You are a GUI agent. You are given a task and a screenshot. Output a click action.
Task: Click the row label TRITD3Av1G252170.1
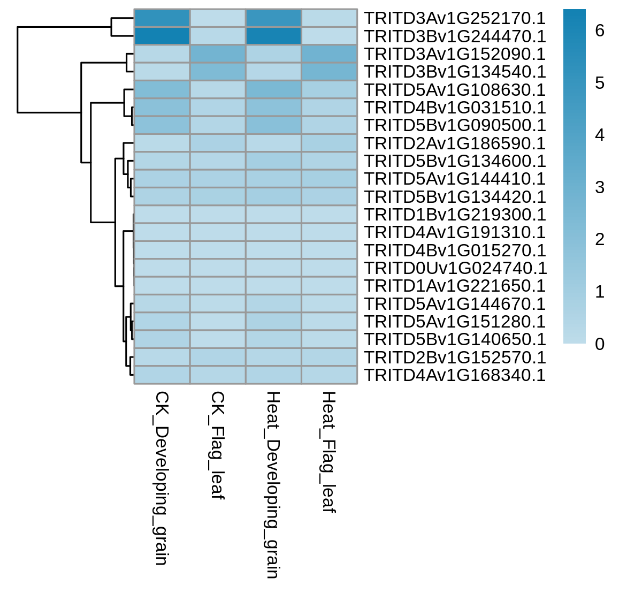coord(455,18)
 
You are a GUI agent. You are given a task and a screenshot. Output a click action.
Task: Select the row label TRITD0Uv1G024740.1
coord(455,268)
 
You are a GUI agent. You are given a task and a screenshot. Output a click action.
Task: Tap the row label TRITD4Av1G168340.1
coord(455,375)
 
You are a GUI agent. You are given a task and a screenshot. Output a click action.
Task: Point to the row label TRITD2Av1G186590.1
coord(455,143)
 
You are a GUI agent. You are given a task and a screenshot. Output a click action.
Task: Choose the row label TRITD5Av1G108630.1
coord(455,89)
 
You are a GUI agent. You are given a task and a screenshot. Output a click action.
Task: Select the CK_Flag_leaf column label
coord(217,446)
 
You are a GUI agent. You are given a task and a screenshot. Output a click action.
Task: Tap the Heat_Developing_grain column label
coord(273,485)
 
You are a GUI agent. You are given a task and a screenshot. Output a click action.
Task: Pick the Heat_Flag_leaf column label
coord(328,452)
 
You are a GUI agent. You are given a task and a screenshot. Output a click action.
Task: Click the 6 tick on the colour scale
coord(599,31)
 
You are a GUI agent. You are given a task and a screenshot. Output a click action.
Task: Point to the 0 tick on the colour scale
coord(599,344)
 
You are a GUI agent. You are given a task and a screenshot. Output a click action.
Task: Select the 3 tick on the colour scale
coord(599,187)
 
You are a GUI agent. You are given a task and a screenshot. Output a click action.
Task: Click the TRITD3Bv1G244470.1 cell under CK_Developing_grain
coord(162,36)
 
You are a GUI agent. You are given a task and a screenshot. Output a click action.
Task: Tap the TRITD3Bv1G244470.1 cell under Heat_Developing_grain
coord(273,36)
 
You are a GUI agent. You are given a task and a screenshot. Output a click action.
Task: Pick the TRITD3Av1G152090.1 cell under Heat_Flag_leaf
coord(329,54)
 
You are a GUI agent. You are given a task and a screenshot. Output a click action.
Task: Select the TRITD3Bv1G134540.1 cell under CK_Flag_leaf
coord(218,72)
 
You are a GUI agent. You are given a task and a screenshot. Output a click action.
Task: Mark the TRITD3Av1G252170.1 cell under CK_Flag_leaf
coord(218,18)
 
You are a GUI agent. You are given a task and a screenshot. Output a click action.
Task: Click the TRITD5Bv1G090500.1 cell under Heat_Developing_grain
coord(273,125)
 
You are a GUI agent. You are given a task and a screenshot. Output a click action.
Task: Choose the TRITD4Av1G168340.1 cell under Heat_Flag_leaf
coord(329,375)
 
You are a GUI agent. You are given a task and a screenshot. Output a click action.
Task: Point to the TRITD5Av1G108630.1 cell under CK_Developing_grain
coord(162,89)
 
